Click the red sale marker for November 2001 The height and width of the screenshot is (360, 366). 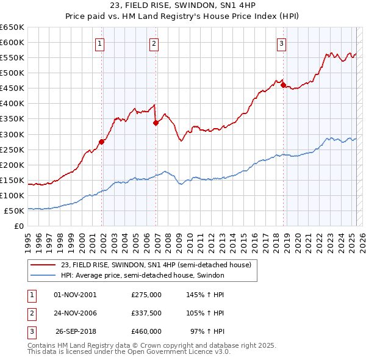102,142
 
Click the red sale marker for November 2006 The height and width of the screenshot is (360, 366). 156,123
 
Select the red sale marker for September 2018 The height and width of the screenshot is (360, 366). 283,85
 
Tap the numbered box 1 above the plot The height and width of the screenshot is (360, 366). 99,43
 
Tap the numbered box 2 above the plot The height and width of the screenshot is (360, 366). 154,43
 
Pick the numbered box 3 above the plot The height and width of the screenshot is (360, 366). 281,43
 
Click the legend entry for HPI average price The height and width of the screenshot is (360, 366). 143,275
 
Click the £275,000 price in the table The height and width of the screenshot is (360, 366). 146,295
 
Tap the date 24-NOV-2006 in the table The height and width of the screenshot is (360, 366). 76,313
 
